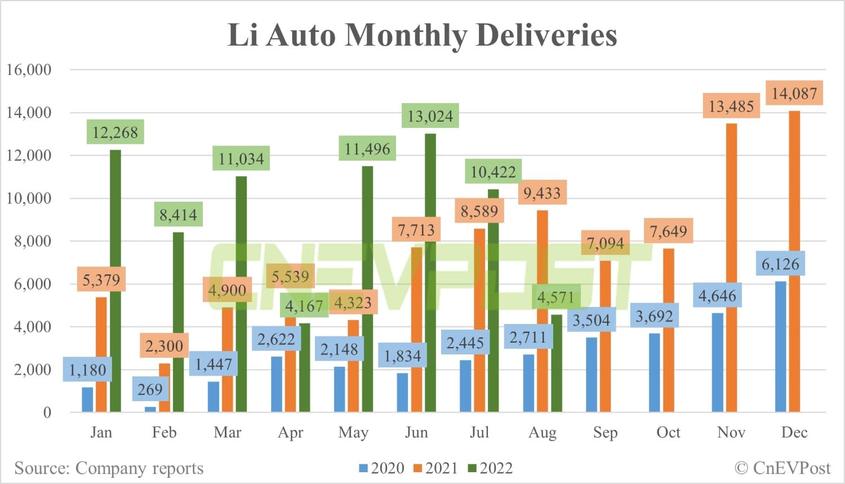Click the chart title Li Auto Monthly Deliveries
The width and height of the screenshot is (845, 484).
pos(422,35)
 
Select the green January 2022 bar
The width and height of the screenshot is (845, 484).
pos(115,282)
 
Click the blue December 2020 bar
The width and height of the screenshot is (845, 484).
pos(780,347)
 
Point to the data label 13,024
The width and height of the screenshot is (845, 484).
pos(430,116)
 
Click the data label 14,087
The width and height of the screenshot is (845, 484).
pos(794,93)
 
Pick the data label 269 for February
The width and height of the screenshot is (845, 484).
pos(150,389)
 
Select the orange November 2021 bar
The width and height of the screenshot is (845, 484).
pos(731,268)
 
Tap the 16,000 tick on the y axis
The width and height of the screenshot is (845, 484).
pos(29,70)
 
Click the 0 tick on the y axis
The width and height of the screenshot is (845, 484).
pos(47,412)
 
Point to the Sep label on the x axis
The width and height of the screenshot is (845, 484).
pos(605,433)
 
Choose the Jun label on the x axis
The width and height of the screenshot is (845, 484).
pos(416,433)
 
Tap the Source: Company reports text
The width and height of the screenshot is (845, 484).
pos(109,468)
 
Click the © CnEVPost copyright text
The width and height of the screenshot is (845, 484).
pos(782,468)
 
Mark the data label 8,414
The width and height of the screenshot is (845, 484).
pos(178,215)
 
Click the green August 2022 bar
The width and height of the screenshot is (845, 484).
pos(556,363)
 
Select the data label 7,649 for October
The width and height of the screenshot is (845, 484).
pos(668,231)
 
